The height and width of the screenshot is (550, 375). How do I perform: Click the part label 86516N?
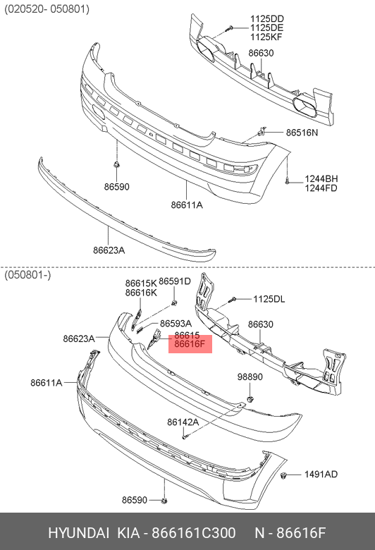(302, 133)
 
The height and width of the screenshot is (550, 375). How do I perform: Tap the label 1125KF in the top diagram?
(266, 37)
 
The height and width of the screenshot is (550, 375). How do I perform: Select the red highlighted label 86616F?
(190, 344)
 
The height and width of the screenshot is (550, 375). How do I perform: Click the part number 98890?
(250, 377)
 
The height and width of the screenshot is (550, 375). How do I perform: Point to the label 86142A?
(183, 422)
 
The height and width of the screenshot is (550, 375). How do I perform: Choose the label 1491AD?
(321, 475)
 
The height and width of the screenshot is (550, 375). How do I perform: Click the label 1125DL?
(269, 299)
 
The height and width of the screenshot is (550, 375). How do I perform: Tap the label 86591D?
(175, 281)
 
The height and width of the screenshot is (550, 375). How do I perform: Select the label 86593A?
(176, 324)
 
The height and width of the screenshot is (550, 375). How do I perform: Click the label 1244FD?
(321, 188)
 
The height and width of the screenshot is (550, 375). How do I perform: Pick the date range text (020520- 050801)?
(47, 9)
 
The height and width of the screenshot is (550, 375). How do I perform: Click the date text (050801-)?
(27, 275)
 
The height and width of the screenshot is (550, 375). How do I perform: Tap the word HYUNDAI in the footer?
(78, 533)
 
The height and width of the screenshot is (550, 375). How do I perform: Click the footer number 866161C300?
(193, 533)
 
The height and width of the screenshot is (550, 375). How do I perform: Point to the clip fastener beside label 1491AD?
(284, 476)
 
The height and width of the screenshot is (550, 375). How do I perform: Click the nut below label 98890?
(250, 399)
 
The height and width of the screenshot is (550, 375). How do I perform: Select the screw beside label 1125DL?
(233, 300)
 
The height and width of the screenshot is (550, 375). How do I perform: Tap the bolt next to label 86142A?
(185, 436)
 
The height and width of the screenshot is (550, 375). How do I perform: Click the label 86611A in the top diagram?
(187, 205)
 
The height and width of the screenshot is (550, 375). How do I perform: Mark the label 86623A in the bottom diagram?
(79, 338)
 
